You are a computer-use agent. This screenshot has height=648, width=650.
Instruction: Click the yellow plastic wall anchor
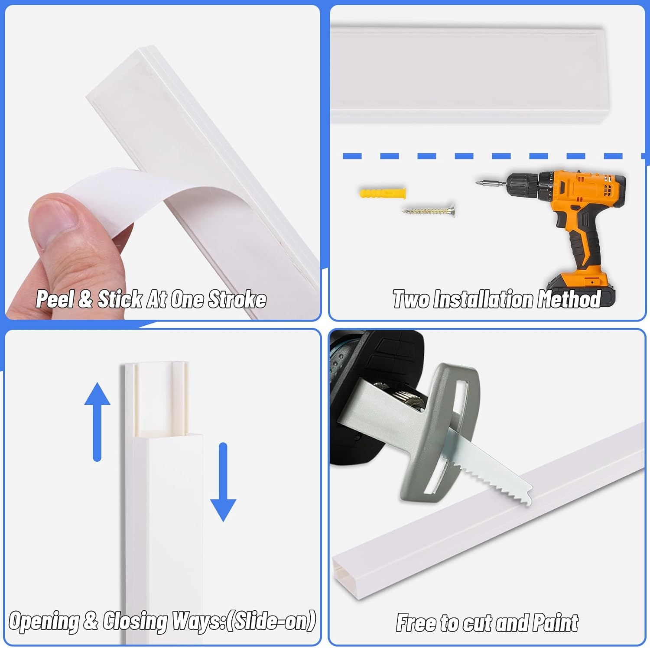click(382, 193)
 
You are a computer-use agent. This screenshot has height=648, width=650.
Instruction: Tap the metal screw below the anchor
click(429, 211)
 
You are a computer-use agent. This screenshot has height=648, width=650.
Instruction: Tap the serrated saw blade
click(490, 468)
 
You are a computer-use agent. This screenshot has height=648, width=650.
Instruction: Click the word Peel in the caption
click(55, 299)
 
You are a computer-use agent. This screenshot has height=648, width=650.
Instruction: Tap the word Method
click(569, 299)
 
